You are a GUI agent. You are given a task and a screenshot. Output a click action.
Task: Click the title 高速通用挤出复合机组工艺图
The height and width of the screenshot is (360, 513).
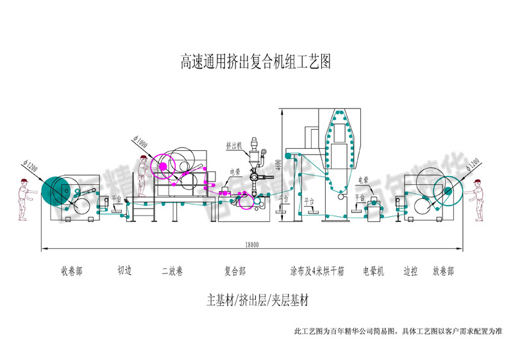tap(255, 62)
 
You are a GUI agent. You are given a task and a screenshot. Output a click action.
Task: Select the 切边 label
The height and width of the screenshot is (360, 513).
tap(124, 271)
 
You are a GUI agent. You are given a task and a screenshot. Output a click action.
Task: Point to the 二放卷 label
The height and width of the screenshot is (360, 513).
tap(172, 271)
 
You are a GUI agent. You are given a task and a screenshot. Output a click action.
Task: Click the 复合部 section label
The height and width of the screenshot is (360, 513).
tap(235, 271)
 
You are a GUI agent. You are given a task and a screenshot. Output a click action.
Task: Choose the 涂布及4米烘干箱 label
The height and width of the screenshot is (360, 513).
tap(317, 271)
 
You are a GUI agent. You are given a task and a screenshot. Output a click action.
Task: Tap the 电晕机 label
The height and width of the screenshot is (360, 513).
tap(373, 271)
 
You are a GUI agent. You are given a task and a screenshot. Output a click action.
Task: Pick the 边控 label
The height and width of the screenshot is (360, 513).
tap(410, 271)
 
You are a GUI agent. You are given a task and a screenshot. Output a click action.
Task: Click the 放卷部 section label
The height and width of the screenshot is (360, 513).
tap(443, 271)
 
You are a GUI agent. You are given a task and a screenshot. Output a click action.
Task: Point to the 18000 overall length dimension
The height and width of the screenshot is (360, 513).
tap(252, 244)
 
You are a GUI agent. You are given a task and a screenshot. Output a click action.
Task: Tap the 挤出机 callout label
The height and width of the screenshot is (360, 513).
tap(233, 146)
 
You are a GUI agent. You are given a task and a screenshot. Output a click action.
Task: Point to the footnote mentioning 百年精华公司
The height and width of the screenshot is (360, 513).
tap(397, 332)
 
